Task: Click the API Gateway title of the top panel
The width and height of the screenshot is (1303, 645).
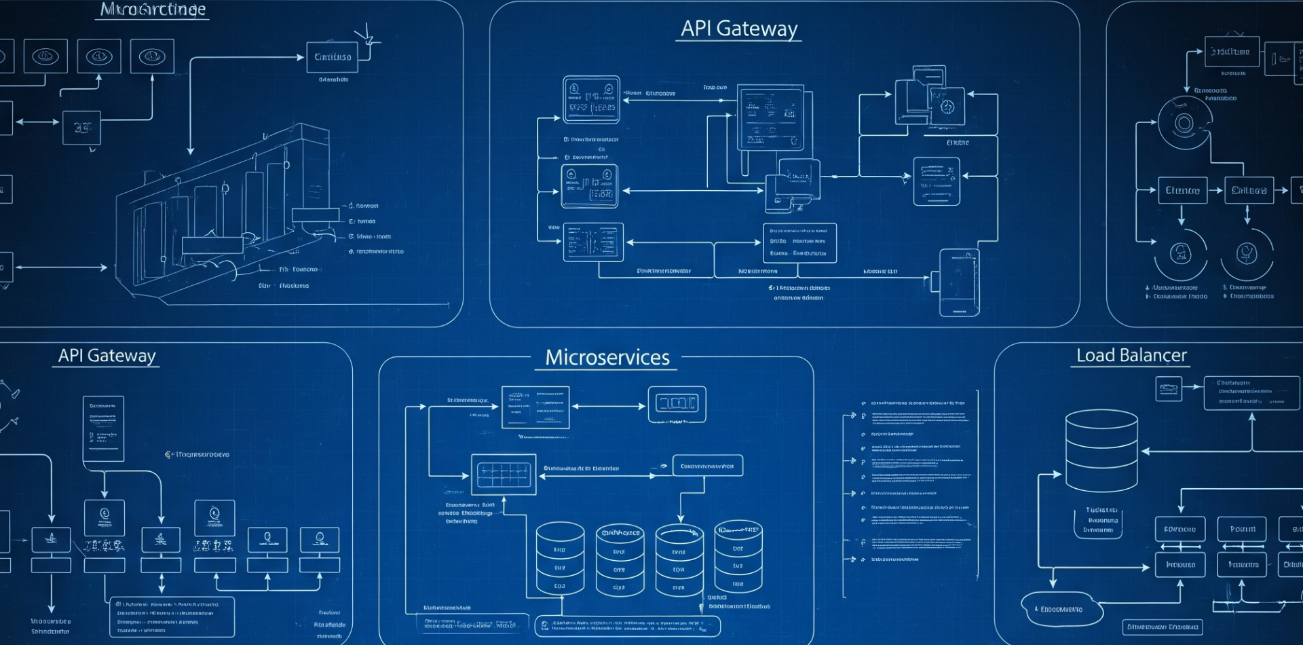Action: [x=739, y=29]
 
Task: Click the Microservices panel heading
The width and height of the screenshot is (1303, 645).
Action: [x=607, y=357]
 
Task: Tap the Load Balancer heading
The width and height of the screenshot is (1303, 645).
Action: [x=1131, y=355]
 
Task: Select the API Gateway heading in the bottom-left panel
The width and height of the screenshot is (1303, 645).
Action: [x=107, y=355]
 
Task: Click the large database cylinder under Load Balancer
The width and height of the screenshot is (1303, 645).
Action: [x=1101, y=451]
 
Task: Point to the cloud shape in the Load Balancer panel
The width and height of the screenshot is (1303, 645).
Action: [x=1061, y=609]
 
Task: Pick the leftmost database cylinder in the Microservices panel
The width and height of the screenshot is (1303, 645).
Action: [x=560, y=559]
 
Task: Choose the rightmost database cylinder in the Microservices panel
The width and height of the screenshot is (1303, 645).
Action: [x=738, y=557]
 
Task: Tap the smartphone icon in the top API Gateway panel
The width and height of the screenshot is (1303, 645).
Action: [x=959, y=282]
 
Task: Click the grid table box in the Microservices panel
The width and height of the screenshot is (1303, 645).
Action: [x=504, y=475]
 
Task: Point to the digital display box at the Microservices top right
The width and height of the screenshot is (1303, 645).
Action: [x=677, y=404]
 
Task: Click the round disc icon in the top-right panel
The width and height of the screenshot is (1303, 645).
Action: [x=1184, y=124]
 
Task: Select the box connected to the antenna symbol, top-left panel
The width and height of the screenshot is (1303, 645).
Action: [x=333, y=57]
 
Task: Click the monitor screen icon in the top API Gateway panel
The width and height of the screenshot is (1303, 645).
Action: [x=770, y=117]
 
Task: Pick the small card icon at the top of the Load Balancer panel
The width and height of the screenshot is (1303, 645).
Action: [x=1169, y=389]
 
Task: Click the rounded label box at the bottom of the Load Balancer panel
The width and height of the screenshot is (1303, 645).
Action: [x=1162, y=627]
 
